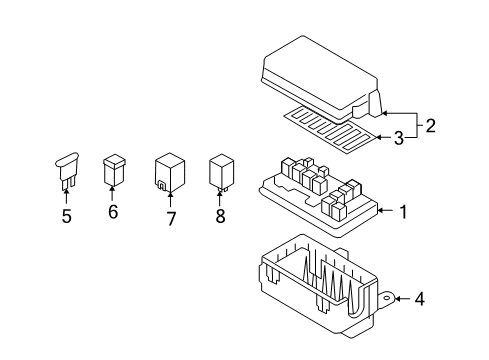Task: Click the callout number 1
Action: [x=402, y=211]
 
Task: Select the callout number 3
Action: [x=398, y=138]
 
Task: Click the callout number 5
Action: [x=66, y=216]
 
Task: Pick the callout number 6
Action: [x=113, y=212]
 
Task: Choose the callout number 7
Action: [x=171, y=218]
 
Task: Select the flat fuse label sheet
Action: [x=320, y=125]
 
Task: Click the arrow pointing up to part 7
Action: [x=170, y=198]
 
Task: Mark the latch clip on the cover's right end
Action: [x=374, y=104]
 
